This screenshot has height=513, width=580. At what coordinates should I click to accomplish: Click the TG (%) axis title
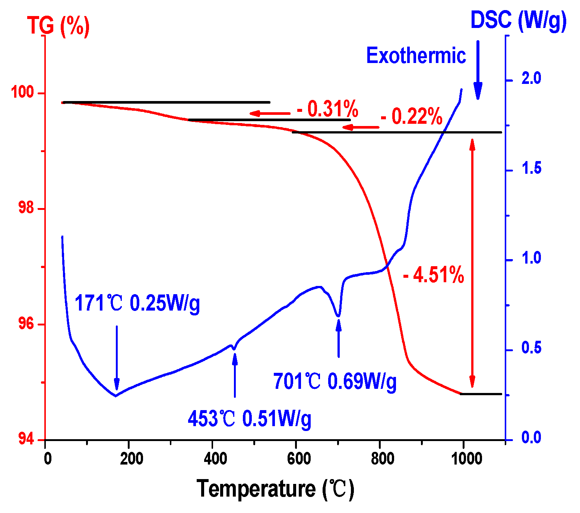tap(58, 26)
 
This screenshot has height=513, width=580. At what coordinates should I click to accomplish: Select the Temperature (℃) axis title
tap(275, 489)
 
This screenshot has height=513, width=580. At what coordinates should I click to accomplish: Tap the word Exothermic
tap(416, 56)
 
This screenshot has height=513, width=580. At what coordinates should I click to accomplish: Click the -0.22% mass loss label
tap(411, 117)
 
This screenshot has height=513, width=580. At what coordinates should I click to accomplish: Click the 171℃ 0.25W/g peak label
tap(137, 303)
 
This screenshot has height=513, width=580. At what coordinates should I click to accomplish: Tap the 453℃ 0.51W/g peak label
tap(249, 419)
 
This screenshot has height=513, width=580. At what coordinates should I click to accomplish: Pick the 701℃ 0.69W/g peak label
tap(335, 381)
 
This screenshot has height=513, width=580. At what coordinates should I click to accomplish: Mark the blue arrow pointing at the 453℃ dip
tap(235, 375)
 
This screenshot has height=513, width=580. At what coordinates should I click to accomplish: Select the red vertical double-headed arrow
tap(472, 263)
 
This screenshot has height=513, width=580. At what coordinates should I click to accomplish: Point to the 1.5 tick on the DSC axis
tap(531, 169)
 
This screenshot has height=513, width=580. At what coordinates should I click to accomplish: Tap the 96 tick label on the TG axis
tap(26, 324)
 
